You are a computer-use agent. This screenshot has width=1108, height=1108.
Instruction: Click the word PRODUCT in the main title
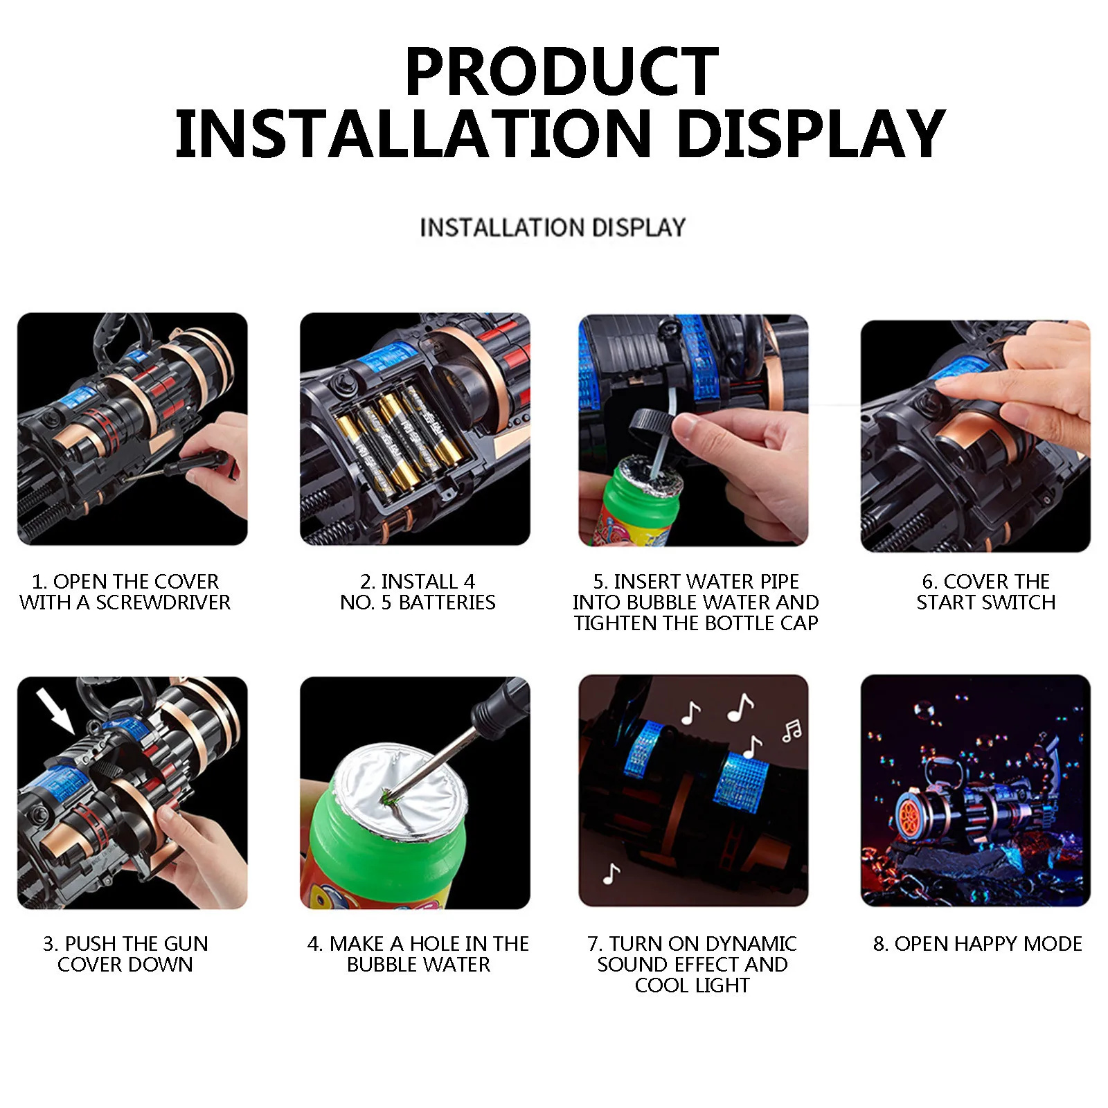561,71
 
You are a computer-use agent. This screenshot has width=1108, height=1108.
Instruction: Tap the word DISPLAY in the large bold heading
810,134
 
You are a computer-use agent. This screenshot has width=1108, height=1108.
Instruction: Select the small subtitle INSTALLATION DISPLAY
553,228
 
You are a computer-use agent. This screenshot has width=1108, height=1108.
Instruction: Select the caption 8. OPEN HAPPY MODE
977,944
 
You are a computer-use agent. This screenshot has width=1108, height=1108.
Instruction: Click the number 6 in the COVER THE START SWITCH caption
928,582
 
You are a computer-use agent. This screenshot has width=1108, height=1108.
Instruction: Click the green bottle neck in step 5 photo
627,495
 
